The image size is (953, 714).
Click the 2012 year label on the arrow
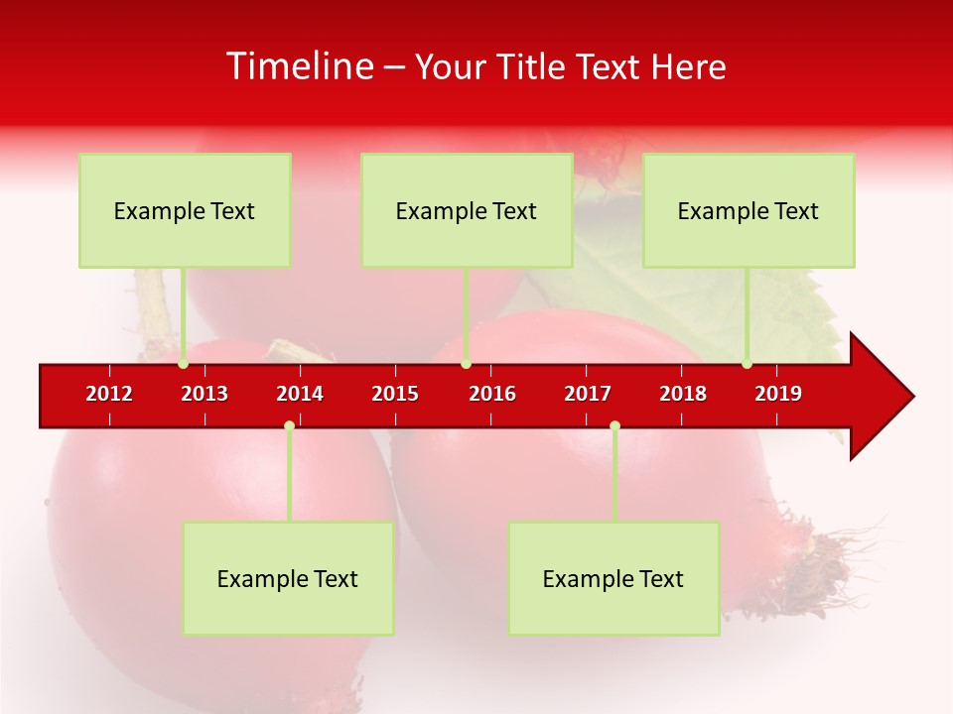(109, 394)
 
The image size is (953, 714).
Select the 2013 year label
(204, 394)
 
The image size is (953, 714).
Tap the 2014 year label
(300, 394)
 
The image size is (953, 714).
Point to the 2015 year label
(395, 394)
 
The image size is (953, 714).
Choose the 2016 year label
(492, 394)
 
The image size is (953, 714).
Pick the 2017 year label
(588, 394)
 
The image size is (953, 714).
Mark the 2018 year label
(683, 394)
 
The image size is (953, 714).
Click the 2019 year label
(778, 394)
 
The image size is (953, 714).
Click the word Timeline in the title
(299, 66)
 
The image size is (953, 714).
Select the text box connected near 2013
(185, 210)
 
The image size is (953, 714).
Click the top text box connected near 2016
(467, 210)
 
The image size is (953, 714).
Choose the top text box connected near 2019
(749, 210)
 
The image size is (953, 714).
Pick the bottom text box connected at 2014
(288, 578)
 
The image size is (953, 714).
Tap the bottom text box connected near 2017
(613, 578)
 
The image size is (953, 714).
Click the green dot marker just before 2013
(183, 364)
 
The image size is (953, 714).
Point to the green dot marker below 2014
(289, 425)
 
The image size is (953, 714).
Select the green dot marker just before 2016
(466, 364)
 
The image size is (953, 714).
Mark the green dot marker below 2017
(614, 425)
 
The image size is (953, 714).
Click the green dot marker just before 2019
(747, 364)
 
